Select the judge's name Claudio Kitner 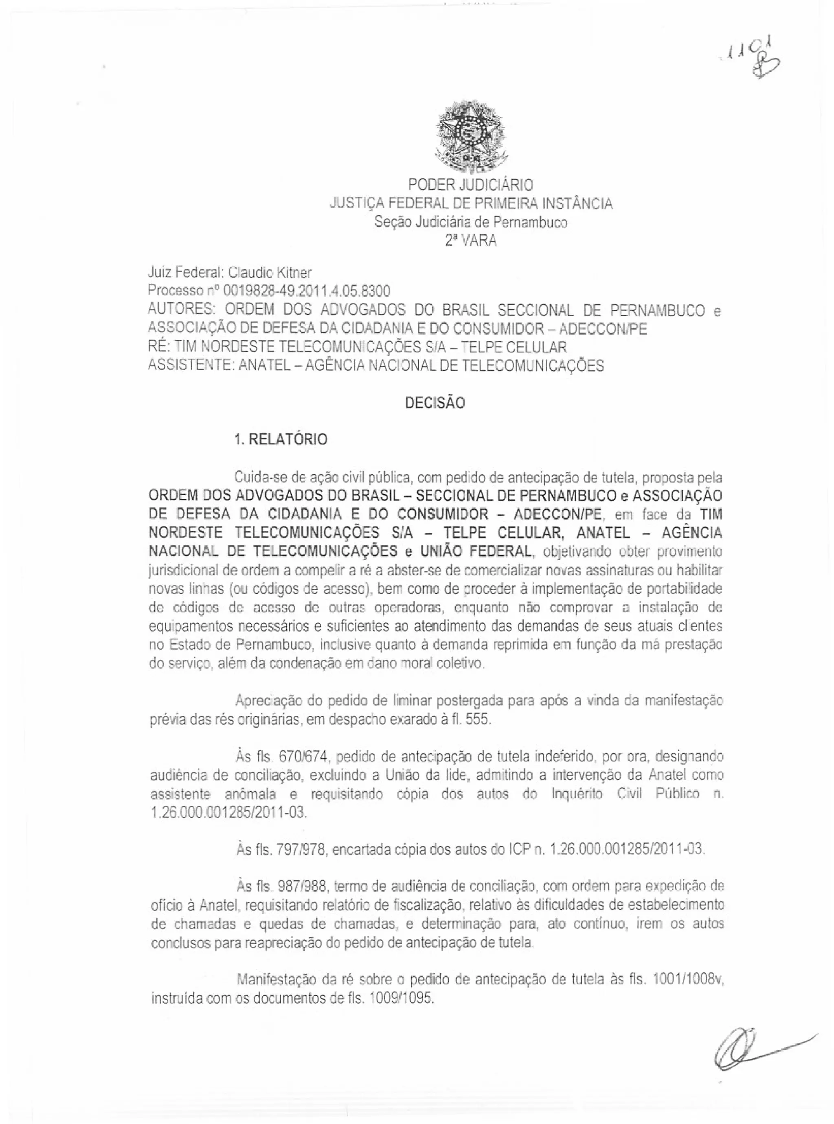point(270,273)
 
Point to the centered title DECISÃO point(435,403)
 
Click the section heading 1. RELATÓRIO point(281,440)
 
